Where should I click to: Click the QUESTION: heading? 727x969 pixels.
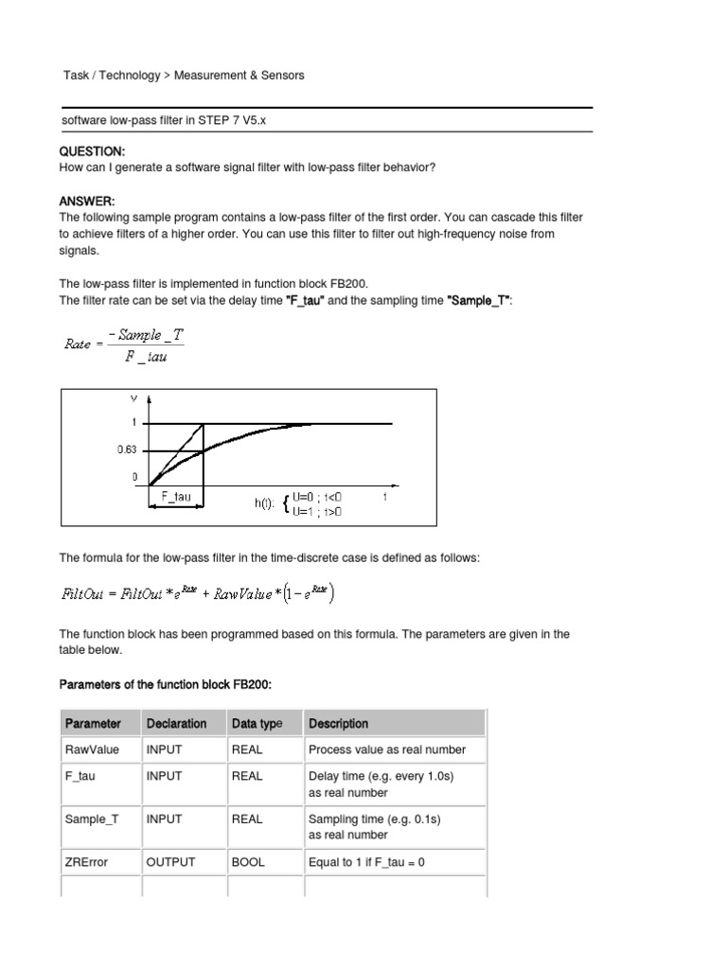tap(92, 151)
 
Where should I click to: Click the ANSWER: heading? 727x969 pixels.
tap(86, 202)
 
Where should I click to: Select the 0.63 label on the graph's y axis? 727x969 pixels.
tap(128, 450)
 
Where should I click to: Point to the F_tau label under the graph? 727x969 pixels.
tap(176, 496)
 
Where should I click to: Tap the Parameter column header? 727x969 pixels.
tap(93, 724)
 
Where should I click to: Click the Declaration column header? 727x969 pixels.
tap(177, 724)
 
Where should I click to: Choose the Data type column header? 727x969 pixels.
tap(257, 724)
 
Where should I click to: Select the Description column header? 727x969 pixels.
tap(339, 724)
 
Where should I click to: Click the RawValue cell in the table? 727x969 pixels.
tap(93, 749)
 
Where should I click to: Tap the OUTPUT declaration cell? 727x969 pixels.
tap(171, 862)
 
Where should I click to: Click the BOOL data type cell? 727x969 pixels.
tap(248, 862)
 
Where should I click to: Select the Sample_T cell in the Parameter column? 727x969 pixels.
tap(92, 819)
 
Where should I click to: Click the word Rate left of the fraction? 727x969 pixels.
tap(78, 344)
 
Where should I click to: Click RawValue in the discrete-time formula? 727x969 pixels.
tap(245, 594)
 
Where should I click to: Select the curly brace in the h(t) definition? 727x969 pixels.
tap(287, 504)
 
